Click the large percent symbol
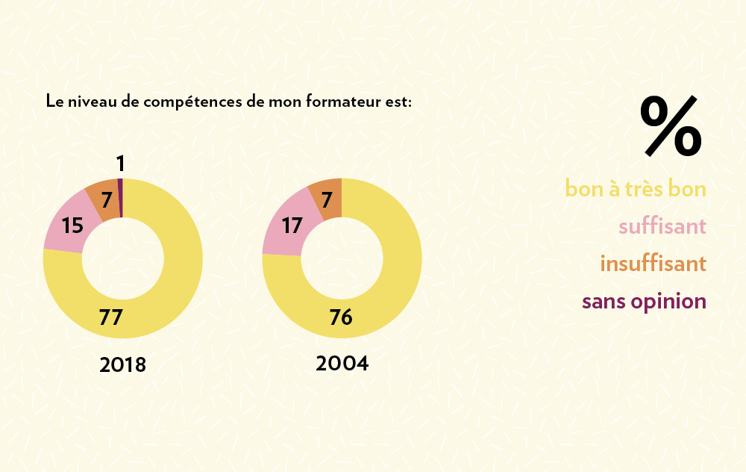point(671,126)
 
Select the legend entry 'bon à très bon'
point(636,188)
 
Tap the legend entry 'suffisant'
point(662,226)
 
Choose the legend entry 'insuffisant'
point(653,264)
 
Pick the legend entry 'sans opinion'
point(644,302)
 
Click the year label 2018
point(122,365)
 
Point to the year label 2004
point(342,364)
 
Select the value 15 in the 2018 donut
point(72,225)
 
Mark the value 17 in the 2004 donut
point(292,224)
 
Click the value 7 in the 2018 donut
point(107,200)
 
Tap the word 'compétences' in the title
point(191,102)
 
